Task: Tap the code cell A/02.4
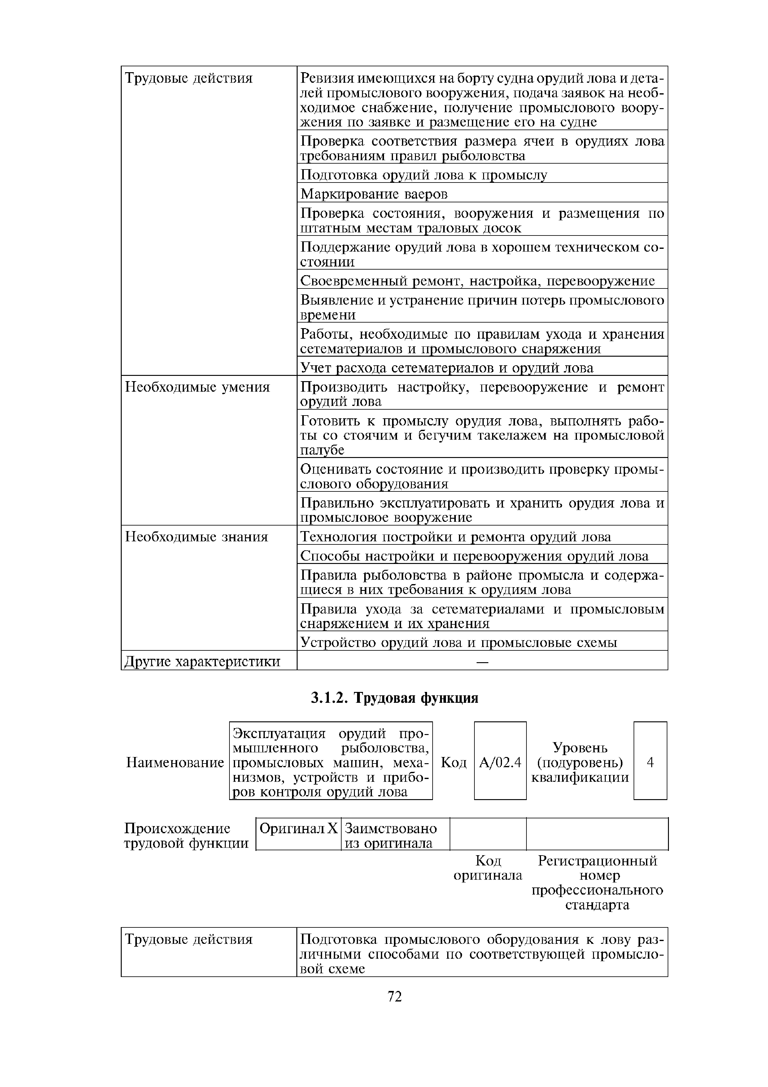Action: pos(500,762)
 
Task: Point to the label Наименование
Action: pos(175,762)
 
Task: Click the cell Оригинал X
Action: pos(298,829)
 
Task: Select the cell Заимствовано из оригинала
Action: pos(395,836)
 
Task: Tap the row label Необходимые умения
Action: pos(197,387)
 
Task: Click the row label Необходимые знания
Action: pos(196,537)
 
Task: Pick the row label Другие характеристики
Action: pos(202,661)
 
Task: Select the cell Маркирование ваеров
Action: pos(374,194)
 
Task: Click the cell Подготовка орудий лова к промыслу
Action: pos(424,175)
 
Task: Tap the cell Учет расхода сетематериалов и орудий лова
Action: pos(447,368)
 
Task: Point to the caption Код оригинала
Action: pos(487,868)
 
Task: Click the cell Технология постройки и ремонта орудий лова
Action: pos(455,537)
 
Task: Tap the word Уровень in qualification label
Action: pos(580,748)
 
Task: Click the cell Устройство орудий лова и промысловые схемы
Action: pos(459,642)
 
